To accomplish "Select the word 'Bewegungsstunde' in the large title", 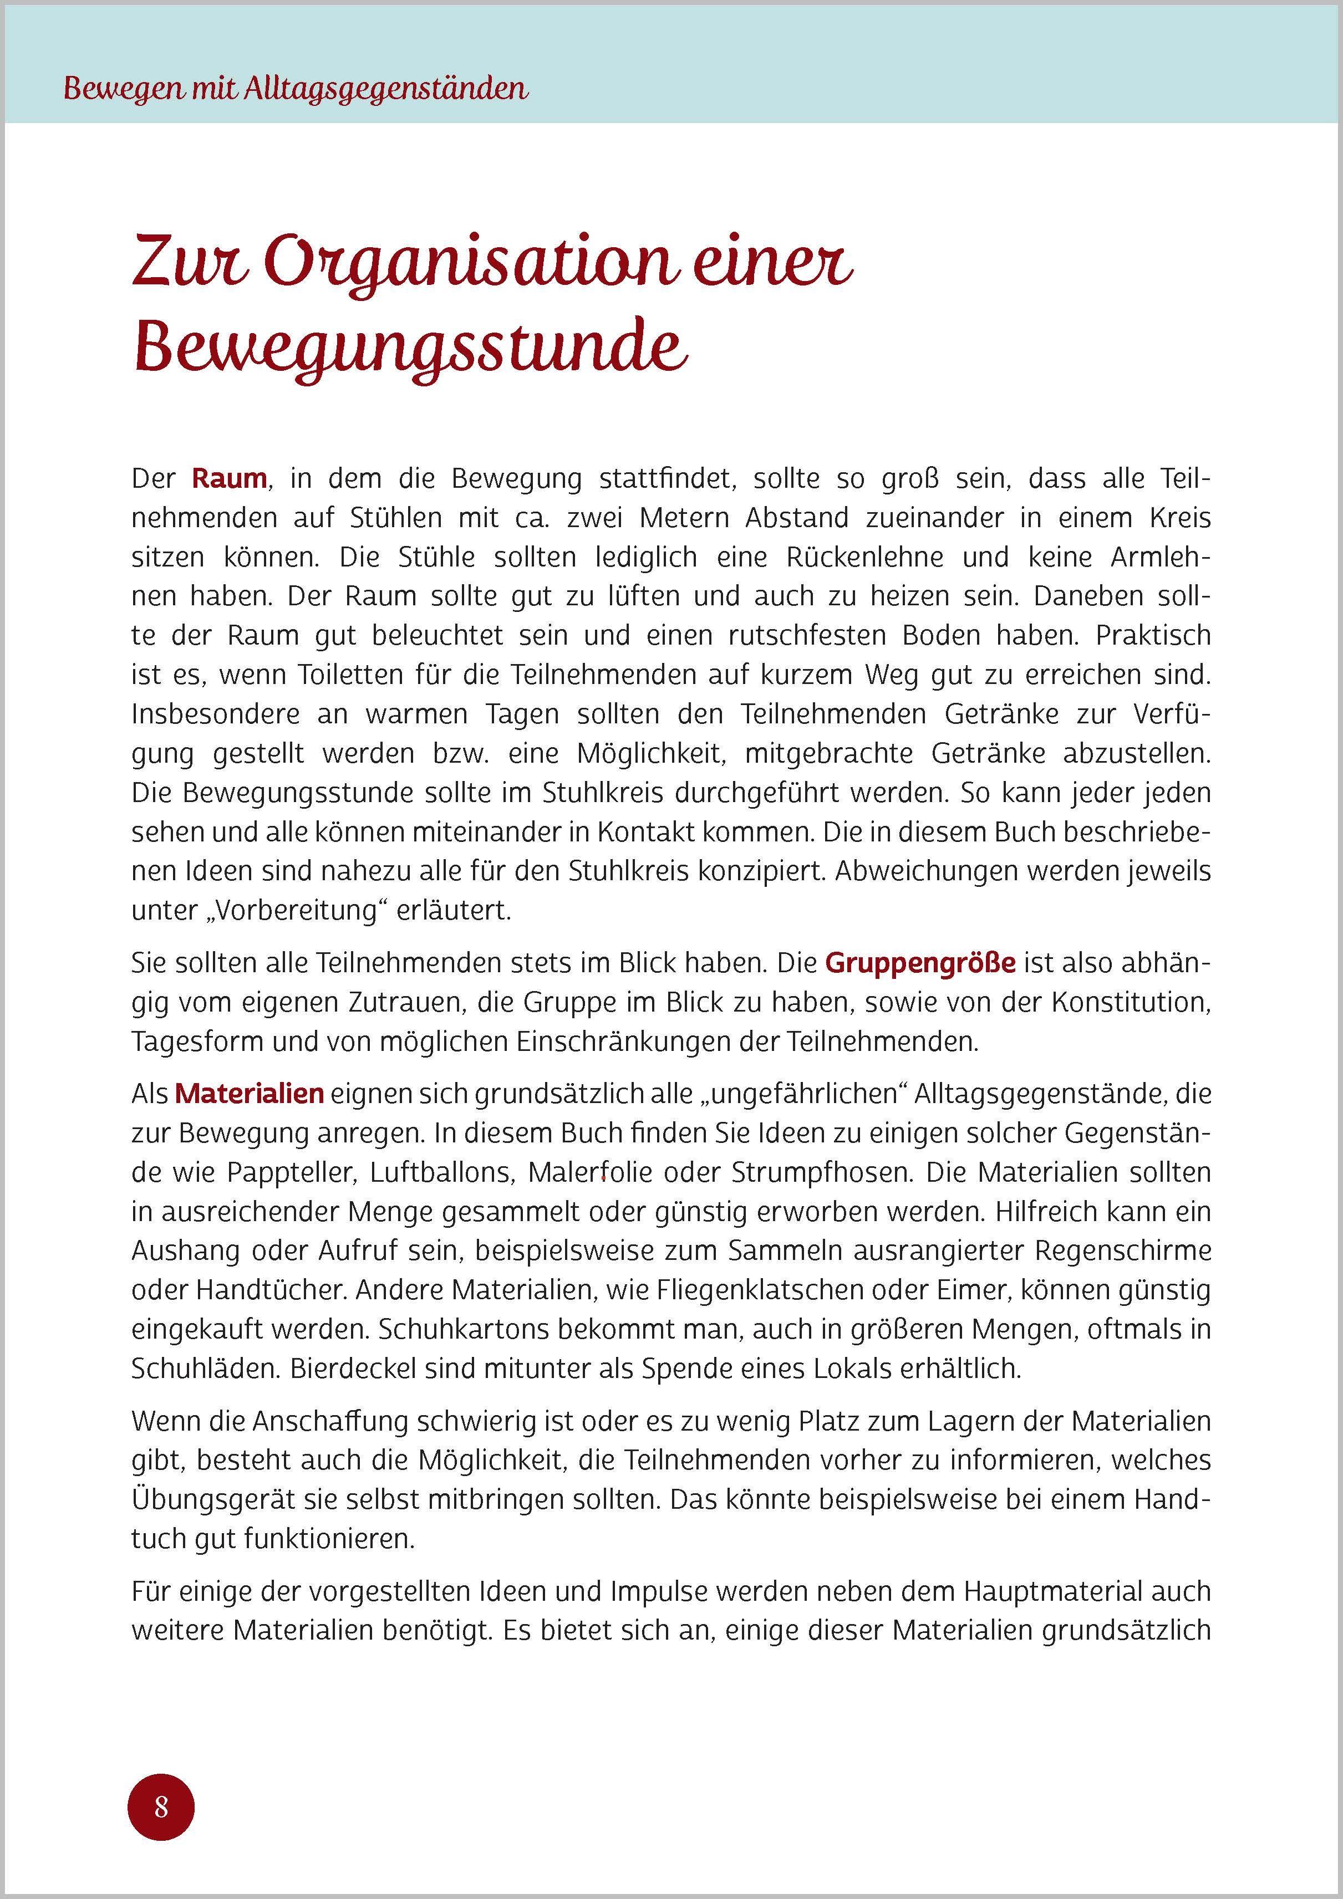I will point(410,350).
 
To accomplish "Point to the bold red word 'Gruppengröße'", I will point(920,963).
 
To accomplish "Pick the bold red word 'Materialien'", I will point(249,1094).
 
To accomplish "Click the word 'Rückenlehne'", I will point(853,558).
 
